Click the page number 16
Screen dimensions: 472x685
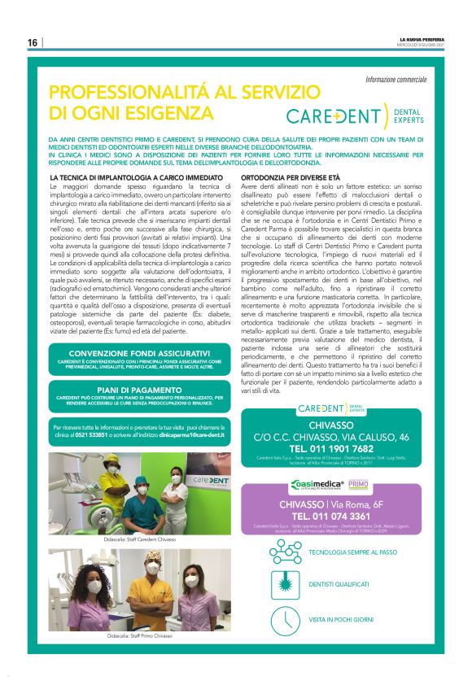[33, 43]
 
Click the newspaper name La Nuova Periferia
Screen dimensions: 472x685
[422, 38]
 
